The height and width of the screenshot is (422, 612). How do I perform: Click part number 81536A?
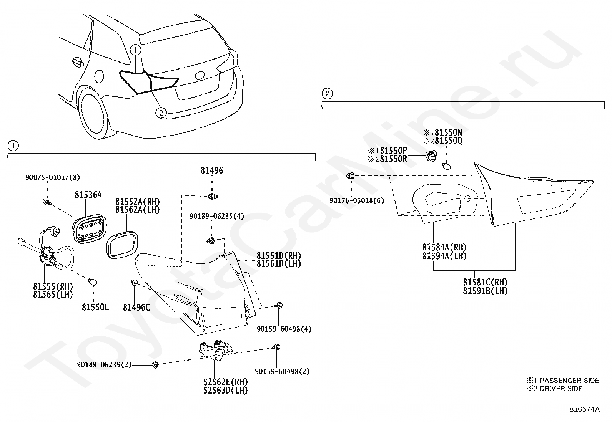click(x=88, y=195)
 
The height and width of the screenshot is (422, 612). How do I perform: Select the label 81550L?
click(x=95, y=307)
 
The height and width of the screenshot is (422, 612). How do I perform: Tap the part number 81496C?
click(x=136, y=307)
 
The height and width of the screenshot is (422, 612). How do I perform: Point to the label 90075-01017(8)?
click(x=53, y=177)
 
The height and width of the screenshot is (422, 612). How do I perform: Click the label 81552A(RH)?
click(x=137, y=202)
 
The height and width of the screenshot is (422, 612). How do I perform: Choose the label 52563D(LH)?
click(x=226, y=391)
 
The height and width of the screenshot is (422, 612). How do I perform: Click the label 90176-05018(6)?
click(x=356, y=200)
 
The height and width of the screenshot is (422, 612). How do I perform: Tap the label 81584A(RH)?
click(x=444, y=247)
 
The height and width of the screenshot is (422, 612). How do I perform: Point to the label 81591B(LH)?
click(x=485, y=291)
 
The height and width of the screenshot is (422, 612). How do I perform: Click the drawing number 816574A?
click(x=584, y=409)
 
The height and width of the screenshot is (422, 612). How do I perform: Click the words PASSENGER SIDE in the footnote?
click(x=569, y=381)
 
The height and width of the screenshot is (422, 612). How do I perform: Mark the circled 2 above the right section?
click(x=327, y=93)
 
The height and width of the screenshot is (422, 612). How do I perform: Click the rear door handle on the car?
click(x=77, y=62)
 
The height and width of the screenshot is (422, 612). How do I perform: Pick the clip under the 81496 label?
click(x=212, y=197)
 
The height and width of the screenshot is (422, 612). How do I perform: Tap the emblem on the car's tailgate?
click(x=200, y=76)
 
